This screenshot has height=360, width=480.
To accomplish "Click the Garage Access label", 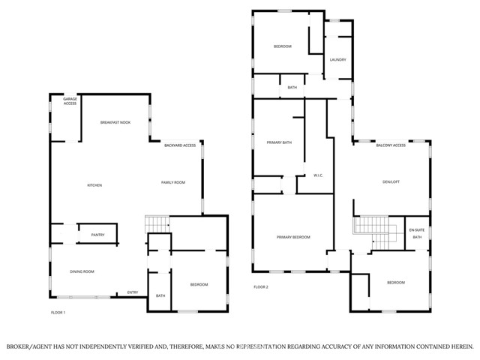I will click(70, 101).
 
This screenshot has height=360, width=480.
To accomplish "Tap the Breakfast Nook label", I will click(115, 122).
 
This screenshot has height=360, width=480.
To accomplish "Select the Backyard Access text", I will click(180, 145).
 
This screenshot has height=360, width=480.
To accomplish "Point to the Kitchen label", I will click(94, 185).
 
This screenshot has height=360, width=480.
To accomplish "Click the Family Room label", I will click(172, 183).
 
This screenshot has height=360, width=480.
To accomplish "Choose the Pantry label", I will click(97, 235).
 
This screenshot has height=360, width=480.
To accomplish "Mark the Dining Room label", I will click(82, 271).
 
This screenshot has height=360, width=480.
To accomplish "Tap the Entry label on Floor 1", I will click(133, 292).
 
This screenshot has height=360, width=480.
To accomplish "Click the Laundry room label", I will click(337, 59).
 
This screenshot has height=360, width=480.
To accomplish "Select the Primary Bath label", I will click(279, 142).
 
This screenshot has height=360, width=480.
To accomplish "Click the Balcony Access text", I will click(391, 145).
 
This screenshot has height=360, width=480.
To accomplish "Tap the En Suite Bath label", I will click(416, 233).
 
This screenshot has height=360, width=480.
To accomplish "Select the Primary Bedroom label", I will click(293, 237).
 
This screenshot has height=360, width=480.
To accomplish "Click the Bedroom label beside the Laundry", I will click(282, 46).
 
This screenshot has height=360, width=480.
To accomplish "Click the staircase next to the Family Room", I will click(157, 224).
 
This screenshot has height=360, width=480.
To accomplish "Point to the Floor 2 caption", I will click(261, 286).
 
